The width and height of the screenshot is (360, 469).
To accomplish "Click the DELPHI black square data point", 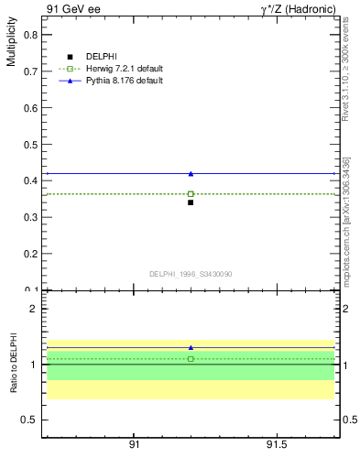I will (x=191, y=202).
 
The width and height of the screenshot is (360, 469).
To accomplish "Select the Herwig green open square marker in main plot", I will (x=191, y=194).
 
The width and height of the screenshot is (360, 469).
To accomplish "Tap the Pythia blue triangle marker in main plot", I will (x=191, y=173).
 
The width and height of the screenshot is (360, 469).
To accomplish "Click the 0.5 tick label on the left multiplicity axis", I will (x=30, y=144).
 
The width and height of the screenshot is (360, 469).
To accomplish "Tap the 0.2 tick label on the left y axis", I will (x=30, y=254).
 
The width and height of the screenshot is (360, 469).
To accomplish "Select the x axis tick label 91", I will (x=134, y=446).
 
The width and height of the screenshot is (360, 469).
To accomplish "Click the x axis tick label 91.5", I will (x=276, y=446).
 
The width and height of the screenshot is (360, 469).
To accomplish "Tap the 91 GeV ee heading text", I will (x=71, y=9).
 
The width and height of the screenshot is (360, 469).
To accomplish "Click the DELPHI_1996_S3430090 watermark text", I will (x=191, y=274).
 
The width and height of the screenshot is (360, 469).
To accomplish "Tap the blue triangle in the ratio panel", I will (x=191, y=348).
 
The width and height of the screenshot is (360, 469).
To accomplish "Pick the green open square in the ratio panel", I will (x=191, y=359).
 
